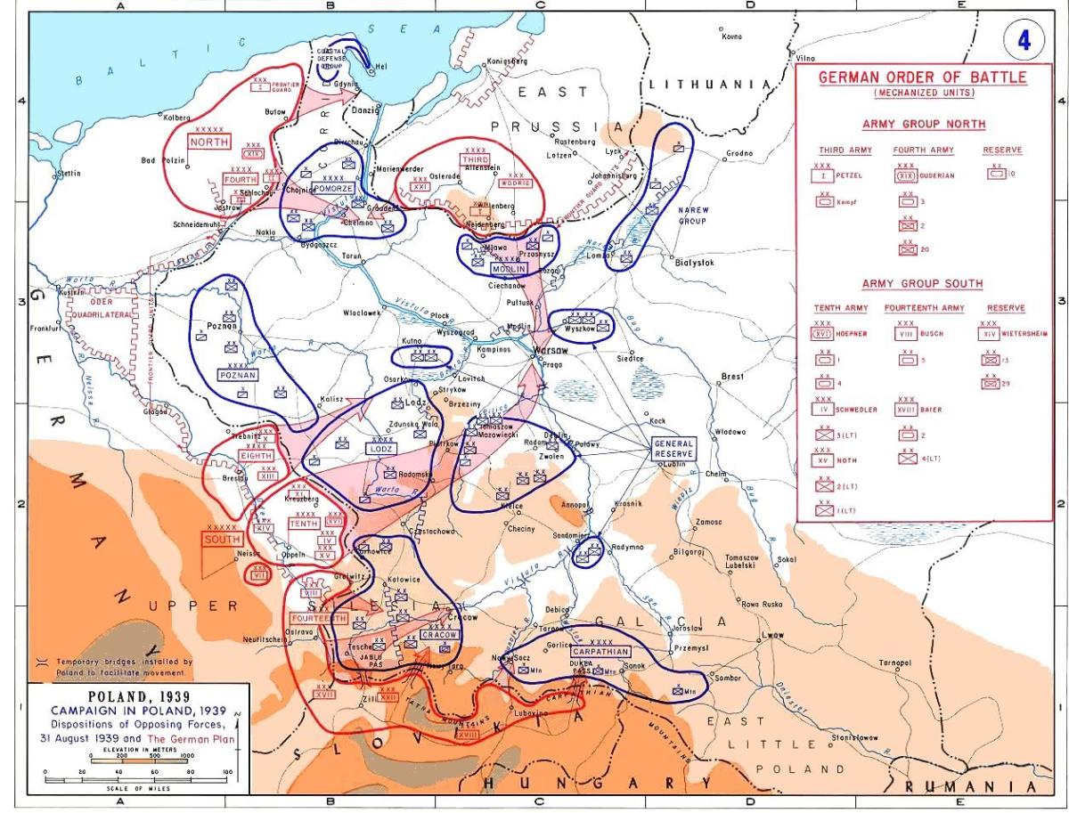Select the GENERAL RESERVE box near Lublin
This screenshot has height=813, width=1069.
pos(673,448)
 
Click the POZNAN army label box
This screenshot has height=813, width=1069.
pos(238,375)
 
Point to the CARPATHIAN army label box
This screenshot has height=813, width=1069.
pos(600,651)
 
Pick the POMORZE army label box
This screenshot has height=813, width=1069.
pos(332,189)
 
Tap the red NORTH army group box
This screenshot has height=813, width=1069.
pos(208,141)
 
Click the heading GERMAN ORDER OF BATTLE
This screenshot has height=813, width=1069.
pos(922,77)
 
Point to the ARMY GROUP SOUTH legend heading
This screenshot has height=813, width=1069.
pos(922,283)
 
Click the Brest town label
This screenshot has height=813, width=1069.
pos(732,377)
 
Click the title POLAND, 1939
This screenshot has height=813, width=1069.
pos(126,696)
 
